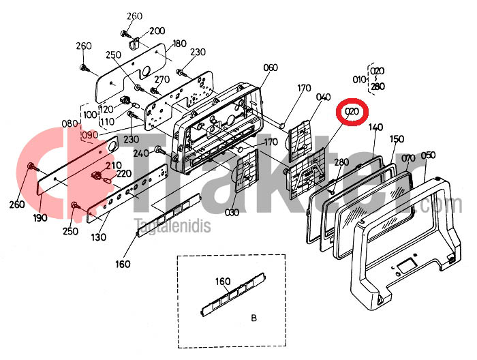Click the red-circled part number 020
[352, 112]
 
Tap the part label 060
[271, 67]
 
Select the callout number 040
[323, 97]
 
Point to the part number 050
[428, 155]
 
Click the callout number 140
[375, 127]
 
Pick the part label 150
[397, 139]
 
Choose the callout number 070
[408, 158]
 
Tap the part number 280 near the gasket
[341, 162]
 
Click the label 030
[232, 212]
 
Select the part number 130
[99, 237]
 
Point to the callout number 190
[40, 217]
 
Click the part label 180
[179, 44]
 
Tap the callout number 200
[157, 31]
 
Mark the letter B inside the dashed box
[254, 318]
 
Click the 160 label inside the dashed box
[223, 282]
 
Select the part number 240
[141, 153]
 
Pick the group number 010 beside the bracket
[359, 80]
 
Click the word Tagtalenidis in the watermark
[173, 226]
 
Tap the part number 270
[162, 80]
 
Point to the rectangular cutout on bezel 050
[407, 265]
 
